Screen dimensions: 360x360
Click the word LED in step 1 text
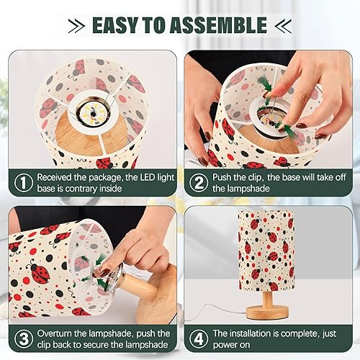point(148,176)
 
